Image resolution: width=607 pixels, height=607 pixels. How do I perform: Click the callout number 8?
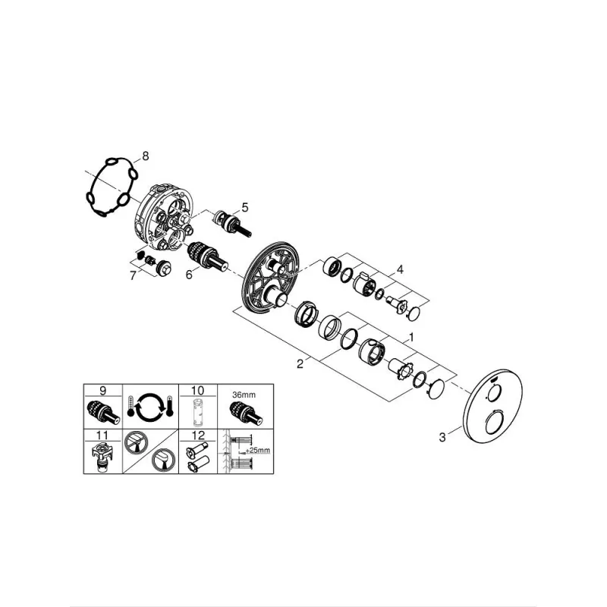point(145,156)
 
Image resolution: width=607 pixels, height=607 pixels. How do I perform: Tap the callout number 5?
point(244,207)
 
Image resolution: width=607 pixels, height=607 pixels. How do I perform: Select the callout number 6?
point(189,275)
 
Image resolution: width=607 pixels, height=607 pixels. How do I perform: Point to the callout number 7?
point(134,275)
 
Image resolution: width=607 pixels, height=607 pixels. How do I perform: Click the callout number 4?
point(400,269)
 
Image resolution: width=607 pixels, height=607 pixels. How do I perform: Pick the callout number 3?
point(442,438)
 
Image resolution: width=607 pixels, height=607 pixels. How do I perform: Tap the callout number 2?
point(300,364)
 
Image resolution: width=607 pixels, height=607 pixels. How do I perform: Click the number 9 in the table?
point(102,391)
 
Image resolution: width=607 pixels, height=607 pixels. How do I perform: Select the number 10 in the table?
point(197,390)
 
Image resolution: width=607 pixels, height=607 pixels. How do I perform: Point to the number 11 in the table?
point(102,436)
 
